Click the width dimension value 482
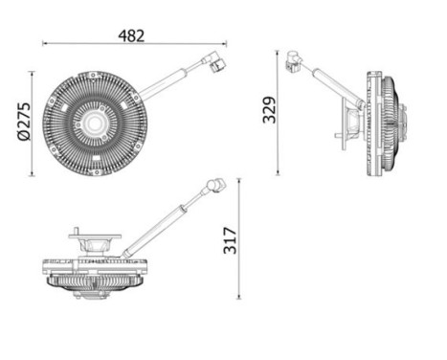point(132,34)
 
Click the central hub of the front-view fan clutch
point(97,123)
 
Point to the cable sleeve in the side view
point(337,85)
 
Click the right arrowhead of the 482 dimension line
point(225,43)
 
